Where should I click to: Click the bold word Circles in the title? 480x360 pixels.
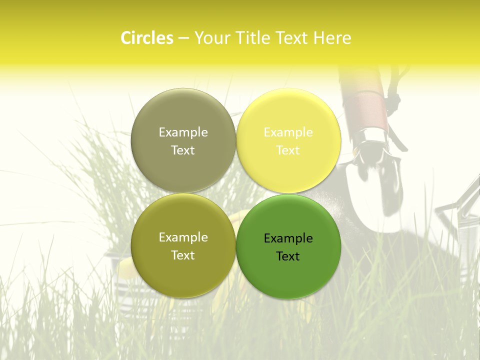[x=147, y=38]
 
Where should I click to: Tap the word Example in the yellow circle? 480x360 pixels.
[x=288, y=132]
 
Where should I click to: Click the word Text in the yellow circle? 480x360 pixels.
[x=288, y=150]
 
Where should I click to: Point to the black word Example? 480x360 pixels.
[x=288, y=238]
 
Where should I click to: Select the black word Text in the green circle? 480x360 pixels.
[x=288, y=256]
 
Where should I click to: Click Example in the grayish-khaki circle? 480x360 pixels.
[x=183, y=132]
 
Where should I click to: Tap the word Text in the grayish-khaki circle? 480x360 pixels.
[x=183, y=150]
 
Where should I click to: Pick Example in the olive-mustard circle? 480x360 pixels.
[x=183, y=237]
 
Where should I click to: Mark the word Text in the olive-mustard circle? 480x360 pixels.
[x=183, y=255]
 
